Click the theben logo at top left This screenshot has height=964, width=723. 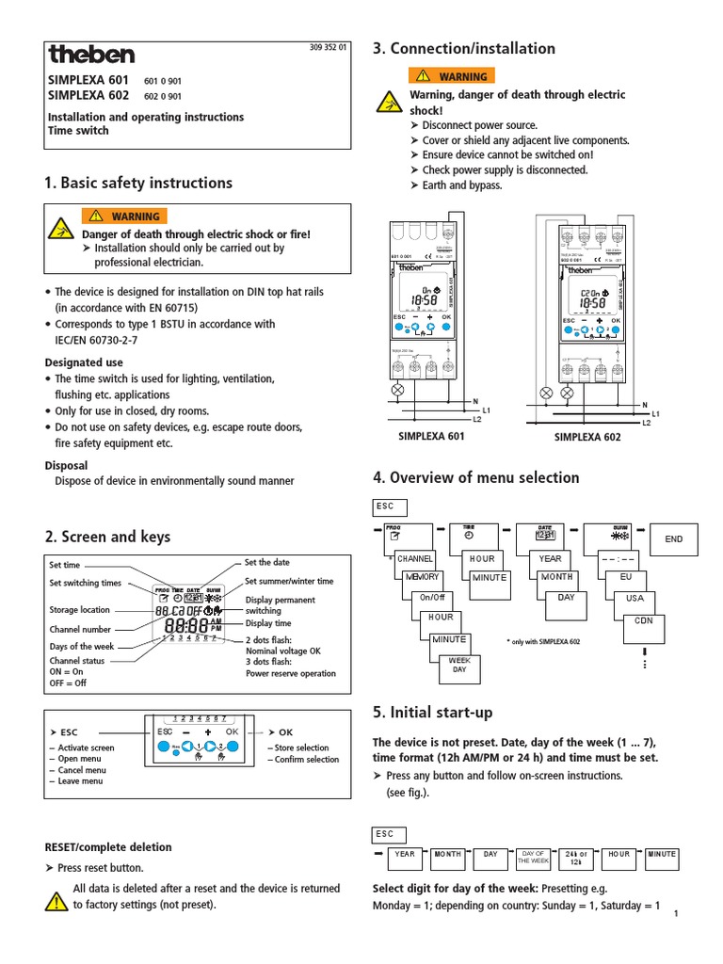click(91, 54)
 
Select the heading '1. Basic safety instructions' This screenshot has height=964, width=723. click(138, 183)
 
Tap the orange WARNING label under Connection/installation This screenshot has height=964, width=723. click(451, 76)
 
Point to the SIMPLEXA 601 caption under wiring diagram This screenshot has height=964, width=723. click(430, 436)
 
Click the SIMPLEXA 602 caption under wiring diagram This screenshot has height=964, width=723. click(587, 438)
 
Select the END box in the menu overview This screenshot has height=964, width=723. click(674, 539)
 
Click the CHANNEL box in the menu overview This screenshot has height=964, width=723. click(414, 558)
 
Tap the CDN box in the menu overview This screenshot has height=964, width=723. click(643, 620)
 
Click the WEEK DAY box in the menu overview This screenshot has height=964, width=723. click(459, 665)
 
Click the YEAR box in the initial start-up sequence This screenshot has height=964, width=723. click(404, 854)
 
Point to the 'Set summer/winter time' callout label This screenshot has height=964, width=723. click(289, 582)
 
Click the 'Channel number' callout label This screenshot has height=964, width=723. click(80, 629)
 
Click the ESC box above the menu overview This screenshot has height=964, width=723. click(389, 506)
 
